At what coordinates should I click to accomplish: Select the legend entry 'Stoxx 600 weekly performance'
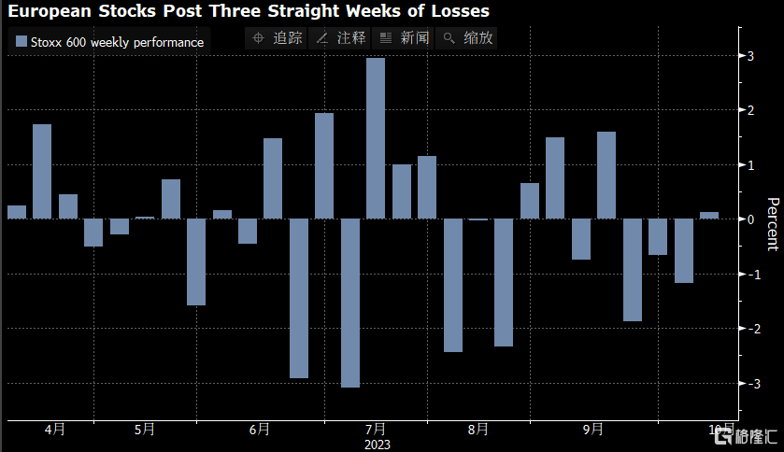109,42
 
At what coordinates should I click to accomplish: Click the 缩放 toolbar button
467,38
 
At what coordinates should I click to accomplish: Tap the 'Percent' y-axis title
772,224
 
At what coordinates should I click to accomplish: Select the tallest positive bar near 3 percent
376,138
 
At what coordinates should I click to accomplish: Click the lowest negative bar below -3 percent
350,303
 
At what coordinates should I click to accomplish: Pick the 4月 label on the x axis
55,430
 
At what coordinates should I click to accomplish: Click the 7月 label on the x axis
377,430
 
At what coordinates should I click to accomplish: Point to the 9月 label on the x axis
592,430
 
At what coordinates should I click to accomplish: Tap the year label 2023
377,445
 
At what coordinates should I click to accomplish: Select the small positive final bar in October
709,216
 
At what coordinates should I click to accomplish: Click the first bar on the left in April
17,212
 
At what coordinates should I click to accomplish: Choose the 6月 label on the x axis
260,430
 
